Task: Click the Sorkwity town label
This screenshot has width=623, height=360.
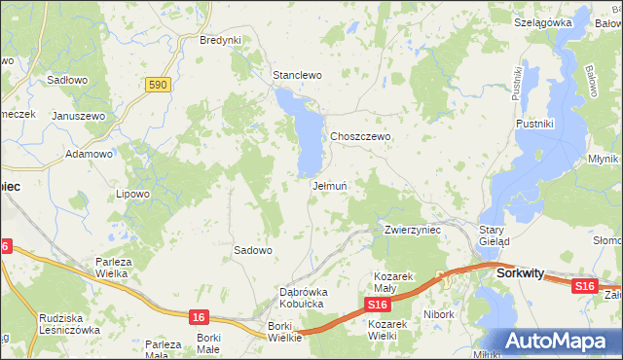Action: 520,273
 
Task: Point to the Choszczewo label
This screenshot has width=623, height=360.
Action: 360,137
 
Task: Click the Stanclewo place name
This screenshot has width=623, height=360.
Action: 297,75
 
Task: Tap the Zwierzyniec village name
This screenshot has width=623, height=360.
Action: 413,230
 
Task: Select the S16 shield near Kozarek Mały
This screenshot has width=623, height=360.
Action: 380,306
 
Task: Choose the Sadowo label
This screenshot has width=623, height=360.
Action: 252,250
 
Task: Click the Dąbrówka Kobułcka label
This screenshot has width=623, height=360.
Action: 304,298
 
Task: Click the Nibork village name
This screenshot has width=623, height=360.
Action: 440,314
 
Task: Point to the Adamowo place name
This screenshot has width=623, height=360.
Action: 89,154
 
